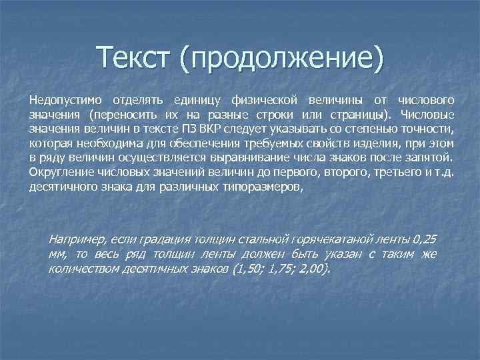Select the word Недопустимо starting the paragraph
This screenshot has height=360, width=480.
pos(61,101)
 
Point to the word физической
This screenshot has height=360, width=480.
pos(263,101)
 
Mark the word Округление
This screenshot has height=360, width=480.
pos(57,173)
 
